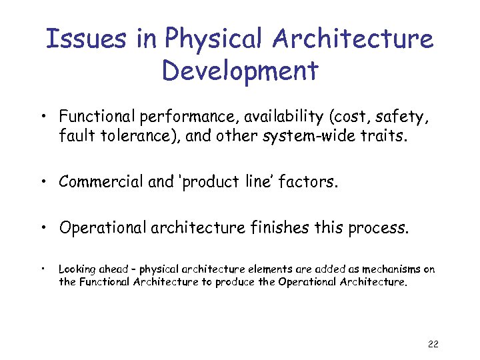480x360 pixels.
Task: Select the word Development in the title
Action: point(239,70)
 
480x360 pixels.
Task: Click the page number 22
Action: point(432,344)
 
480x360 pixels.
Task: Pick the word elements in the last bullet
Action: point(253,269)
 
